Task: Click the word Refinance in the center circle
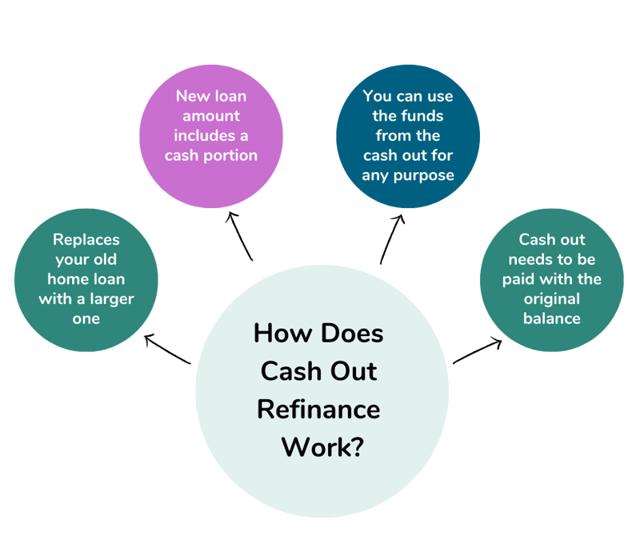tap(318, 409)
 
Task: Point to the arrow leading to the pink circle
tap(240, 236)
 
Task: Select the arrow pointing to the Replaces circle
tap(167, 350)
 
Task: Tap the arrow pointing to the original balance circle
tap(478, 352)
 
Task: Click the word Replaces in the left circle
tap(86, 240)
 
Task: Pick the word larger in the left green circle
tap(112, 299)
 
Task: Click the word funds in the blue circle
tap(432, 116)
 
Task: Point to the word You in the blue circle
tap(377, 96)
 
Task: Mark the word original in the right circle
tap(552, 299)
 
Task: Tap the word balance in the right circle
tap(552, 318)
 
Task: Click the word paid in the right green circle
tap(519, 279)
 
